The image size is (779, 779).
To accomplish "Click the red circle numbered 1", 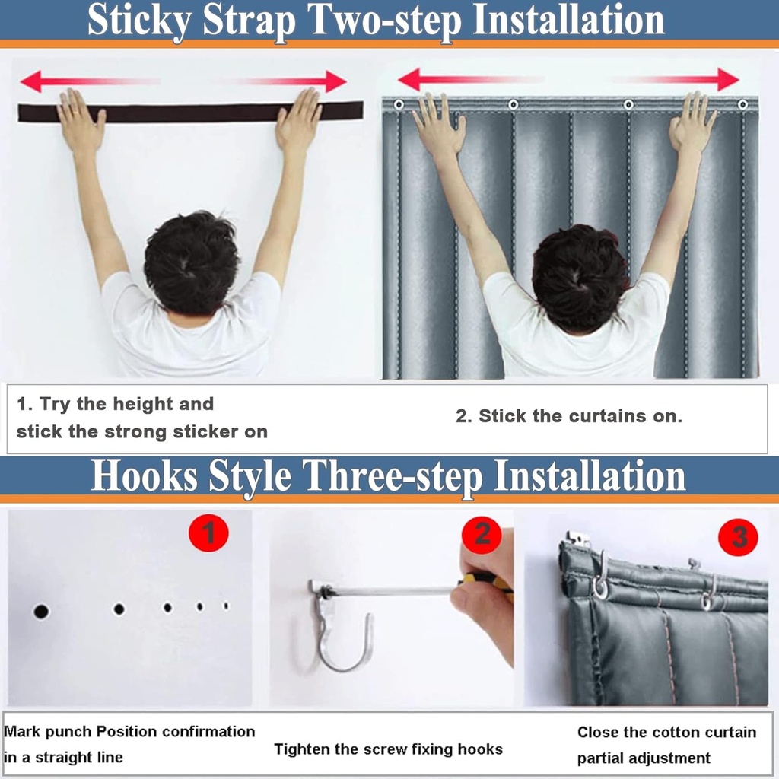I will click(x=208, y=535).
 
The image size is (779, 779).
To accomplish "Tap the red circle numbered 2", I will click(x=482, y=535).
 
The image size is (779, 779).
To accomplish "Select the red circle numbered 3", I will click(x=738, y=538).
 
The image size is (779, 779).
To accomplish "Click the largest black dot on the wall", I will click(x=41, y=611).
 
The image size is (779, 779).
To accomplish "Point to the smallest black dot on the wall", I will click(x=225, y=606).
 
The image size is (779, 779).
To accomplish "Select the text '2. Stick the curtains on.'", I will click(x=569, y=416).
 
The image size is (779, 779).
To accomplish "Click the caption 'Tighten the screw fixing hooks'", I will click(x=388, y=749).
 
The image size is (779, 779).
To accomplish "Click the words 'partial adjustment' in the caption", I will click(x=644, y=758).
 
